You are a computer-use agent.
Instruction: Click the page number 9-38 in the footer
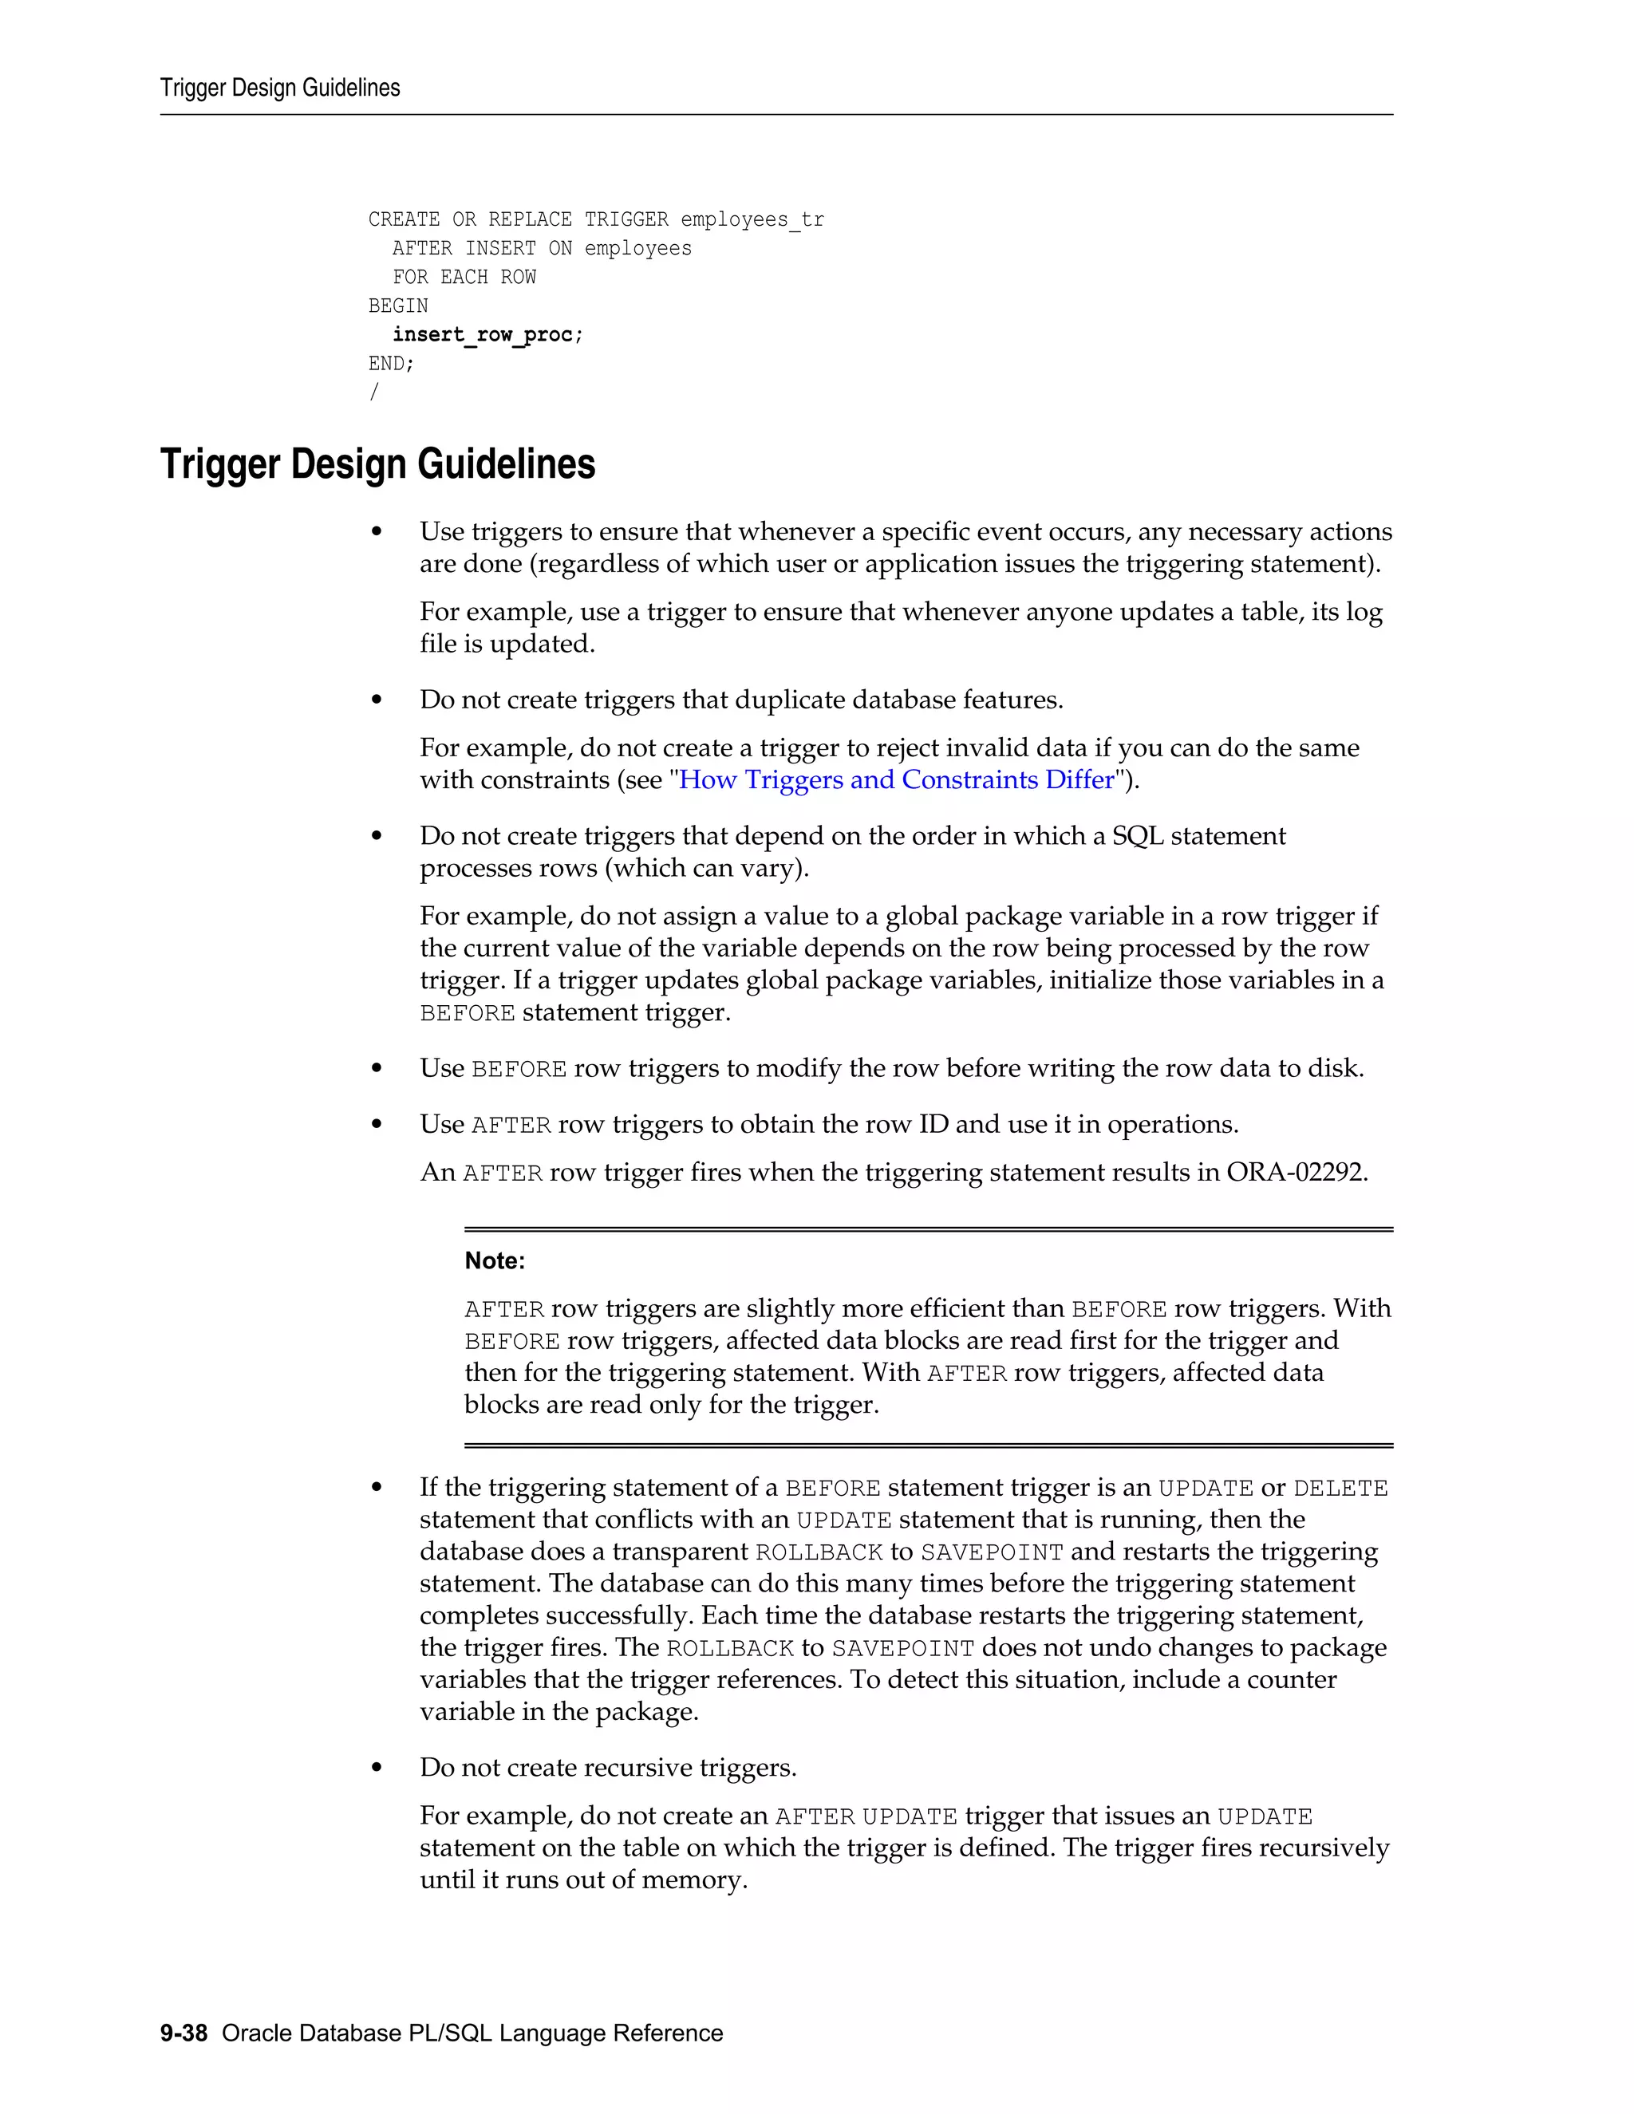(184, 2033)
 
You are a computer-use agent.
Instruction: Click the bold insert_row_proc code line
(487, 335)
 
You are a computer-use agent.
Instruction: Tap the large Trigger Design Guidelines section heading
(377, 464)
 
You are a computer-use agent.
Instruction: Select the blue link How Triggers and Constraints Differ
(896, 780)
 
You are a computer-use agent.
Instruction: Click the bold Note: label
(495, 1260)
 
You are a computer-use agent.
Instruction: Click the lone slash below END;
(373, 392)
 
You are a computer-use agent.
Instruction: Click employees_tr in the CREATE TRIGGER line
(752, 219)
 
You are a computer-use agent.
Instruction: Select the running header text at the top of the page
(280, 88)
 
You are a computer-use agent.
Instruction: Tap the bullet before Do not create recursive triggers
(377, 1769)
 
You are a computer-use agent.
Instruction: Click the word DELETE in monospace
(1340, 1489)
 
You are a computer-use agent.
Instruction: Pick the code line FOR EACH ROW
(464, 278)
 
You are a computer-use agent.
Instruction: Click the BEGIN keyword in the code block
(398, 306)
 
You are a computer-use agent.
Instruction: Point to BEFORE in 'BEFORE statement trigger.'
(467, 1013)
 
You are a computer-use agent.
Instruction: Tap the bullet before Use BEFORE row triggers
(377, 1069)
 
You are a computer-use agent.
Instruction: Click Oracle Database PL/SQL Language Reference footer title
(472, 2033)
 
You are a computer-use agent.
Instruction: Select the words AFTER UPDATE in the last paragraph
(866, 1816)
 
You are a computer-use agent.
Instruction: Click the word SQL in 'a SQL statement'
(1136, 836)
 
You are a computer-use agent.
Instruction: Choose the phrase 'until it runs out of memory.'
(584, 1879)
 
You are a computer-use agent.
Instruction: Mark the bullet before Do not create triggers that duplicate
(377, 700)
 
